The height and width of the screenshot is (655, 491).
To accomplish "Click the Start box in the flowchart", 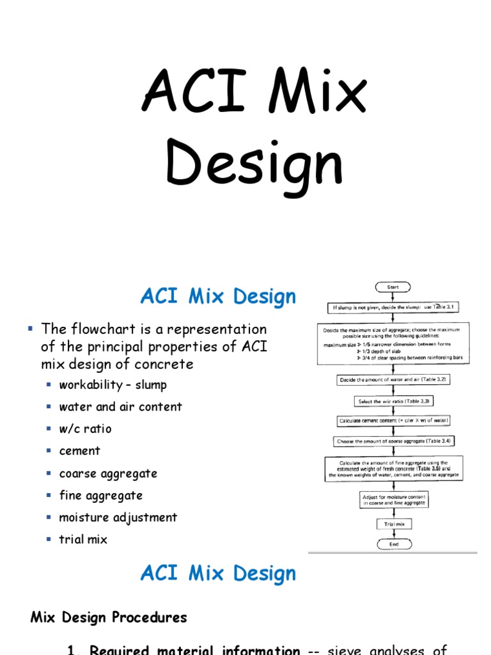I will [x=393, y=287].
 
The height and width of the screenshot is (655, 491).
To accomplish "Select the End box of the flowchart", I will [x=393, y=544].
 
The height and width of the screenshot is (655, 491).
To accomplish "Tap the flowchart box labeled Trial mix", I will [x=393, y=524].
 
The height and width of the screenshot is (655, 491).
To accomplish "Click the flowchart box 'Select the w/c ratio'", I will [x=393, y=401].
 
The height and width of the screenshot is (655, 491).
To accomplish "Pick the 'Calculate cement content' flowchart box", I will [x=393, y=421].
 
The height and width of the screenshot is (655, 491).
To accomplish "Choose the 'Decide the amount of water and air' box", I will [x=393, y=380].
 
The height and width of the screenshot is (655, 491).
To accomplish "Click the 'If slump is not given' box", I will [x=393, y=308].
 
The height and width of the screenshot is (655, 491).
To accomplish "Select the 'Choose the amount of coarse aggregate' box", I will [x=393, y=441].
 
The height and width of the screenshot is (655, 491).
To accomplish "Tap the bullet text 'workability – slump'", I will [x=113, y=385].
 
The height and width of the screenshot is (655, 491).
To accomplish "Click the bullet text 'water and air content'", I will [x=120, y=407].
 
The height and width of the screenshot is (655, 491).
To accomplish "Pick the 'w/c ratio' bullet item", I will [x=85, y=429].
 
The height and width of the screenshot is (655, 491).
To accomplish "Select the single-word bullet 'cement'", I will [x=79, y=451].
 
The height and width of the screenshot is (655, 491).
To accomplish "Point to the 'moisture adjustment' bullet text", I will [x=118, y=517].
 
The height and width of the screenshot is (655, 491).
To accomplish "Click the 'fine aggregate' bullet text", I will [x=100, y=496].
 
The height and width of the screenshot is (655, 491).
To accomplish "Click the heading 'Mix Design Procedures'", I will [x=109, y=617].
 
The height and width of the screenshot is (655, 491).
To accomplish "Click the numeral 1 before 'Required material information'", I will [x=71, y=650].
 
